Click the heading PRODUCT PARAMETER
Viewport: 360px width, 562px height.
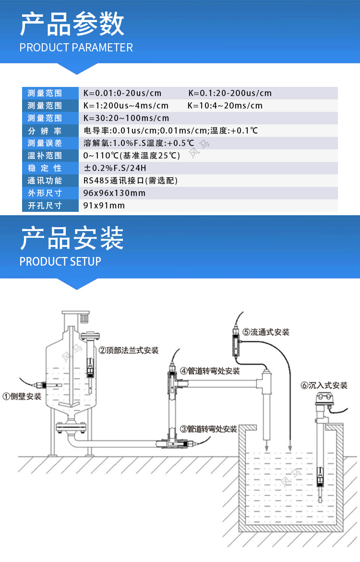pyautogui.click(x=76, y=47)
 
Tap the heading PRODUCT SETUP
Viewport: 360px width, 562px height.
pyautogui.click(x=60, y=261)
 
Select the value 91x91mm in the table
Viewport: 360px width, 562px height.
pyautogui.click(x=104, y=206)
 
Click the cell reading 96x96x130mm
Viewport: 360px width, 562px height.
pyautogui.click(x=114, y=193)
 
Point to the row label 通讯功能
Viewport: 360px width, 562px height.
pyautogui.click(x=45, y=181)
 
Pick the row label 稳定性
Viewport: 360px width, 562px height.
pyautogui.click(x=45, y=168)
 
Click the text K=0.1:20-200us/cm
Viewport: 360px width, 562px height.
pyautogui.click(x=230, y=93)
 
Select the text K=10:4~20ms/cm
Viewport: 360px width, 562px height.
pyautogui.click(x=225, y=106)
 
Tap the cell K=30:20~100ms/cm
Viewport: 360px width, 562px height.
pyautogui.click(x=126, y=118)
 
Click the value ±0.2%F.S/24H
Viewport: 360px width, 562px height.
pyautogui.click(x=115, y=168)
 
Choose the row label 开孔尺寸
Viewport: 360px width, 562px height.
pyautogui.click(x=45, y=206)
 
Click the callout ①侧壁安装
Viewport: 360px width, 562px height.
pyautogui.click(x=22, y=396)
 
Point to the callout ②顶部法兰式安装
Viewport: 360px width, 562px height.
pyautogui.click(x=129, y=350)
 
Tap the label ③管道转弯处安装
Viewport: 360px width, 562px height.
pyautogui.click(x=208, y=429)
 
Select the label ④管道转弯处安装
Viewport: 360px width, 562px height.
pyautogui.click(x=210, y=371)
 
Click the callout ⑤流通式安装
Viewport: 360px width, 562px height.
pyautogui.click(x=266, y=332)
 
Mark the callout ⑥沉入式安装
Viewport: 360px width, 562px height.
pyautogui.click(x=324, y=385)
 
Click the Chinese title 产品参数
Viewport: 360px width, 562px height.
pyautogui.click(x=72, y=24)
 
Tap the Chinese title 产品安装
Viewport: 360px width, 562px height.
pyautogui.click(x=72, y=238)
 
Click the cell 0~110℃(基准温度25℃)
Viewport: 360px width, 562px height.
pyautogui.click(x=132, y=156)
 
